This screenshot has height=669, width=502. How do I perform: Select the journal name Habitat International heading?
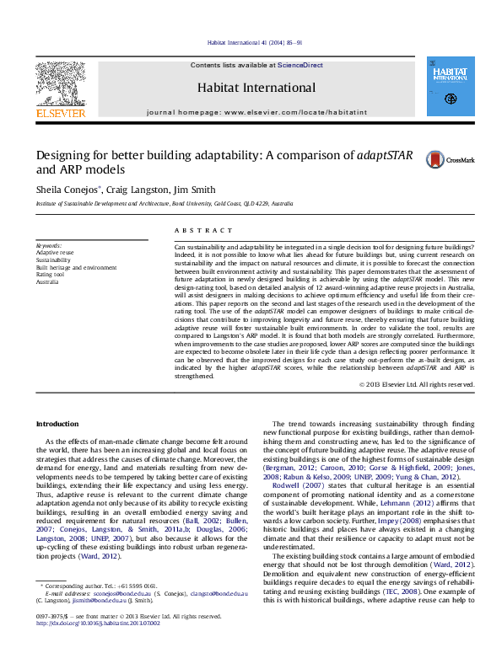click(x=256, y=88)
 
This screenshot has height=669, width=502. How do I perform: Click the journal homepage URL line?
click(x=256, y=112)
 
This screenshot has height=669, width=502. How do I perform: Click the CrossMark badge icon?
click(x=451, y=158)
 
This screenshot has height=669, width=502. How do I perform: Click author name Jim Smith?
click(x=196, y=190)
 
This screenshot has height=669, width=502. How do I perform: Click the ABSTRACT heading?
click(x=203, y=230)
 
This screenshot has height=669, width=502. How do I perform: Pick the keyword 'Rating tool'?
click(x=51, y=275)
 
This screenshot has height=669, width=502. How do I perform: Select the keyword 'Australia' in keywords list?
click(x=48, y=282)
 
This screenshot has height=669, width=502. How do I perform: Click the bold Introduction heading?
click(x=57, y=423)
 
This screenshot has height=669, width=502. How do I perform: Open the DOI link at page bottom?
click(x=97, y=647)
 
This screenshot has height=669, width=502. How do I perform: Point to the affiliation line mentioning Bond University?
click(x=165, y=204)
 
